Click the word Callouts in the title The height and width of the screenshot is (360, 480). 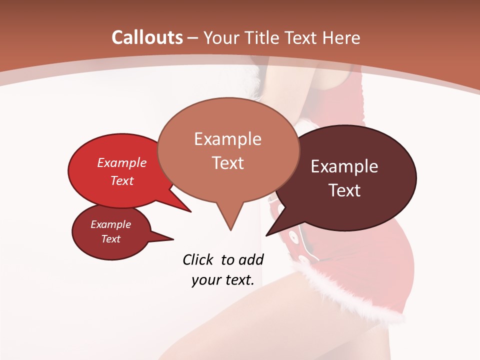[147, 37]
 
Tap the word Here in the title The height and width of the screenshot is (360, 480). [341, 37]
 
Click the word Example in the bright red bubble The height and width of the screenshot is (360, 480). [122, 162]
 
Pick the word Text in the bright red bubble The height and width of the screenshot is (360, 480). [122, 180]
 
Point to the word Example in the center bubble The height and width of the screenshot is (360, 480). [227, 138]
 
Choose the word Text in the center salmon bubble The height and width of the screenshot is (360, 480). [227, 162]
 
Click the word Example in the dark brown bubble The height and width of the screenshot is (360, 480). [344, 166]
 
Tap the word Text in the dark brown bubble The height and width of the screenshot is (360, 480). [344, 190]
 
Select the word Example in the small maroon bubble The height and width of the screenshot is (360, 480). [110, 224]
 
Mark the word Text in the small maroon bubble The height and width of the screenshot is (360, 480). [110, 239]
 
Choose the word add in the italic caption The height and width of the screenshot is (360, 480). [250, 259]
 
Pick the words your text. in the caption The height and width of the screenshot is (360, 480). [223, 280]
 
